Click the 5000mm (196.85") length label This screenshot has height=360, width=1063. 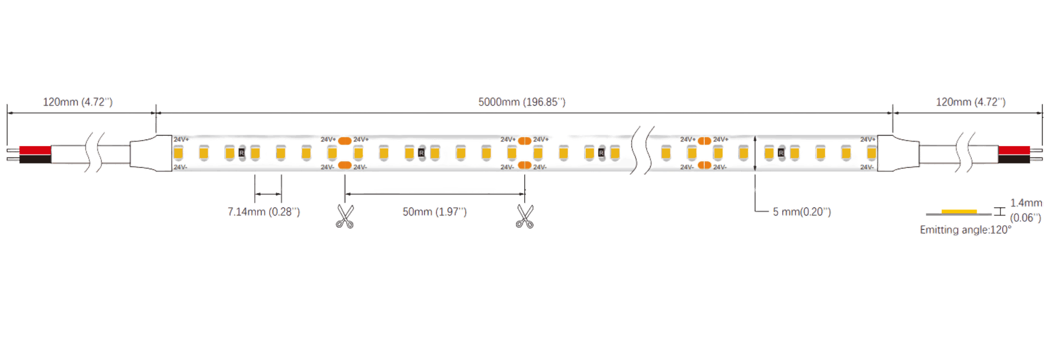pyautogui.click(x=522, y=102)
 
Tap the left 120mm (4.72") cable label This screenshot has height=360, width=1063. pyautogui.click(x=78, y=102)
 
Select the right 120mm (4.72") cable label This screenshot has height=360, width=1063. pyautogui.click(x=970, y=102)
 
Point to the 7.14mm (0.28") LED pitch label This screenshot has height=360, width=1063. pyautogui.click(x=264, y=212)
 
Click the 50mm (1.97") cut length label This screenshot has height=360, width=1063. pyautogui.click(x=435, y=212)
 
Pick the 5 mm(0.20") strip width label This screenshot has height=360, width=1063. pyautogui.click(x=802, y=212)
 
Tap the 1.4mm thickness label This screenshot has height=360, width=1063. pyautogui.click(x=1026, y=203)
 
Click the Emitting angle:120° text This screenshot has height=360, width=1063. pyautogui.click(x=964, y=229)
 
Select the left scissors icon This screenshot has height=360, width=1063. pyautogui.click(x=345, y=216)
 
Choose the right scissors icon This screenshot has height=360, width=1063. pyautogui.click(x=524, y=216)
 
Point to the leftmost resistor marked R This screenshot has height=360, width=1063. pyautogui.click(x=241, y=152)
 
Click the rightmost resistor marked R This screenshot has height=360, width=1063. pyautogui.click(x=781, y=152)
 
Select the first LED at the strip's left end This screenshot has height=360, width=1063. pyautogui.click(x=179, y=151)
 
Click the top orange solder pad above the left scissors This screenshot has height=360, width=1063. pyautogui.click(x=345, y=140)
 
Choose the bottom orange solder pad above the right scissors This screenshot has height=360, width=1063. pyautogui.click(x=524, y=165)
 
